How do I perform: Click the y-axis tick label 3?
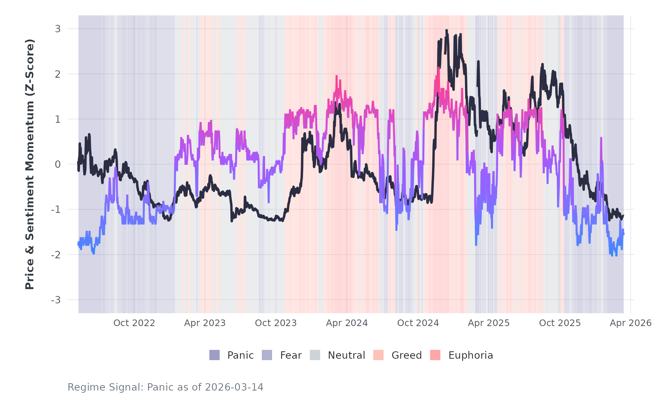[x=58, y=29]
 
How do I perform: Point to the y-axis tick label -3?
[x=56, y=300]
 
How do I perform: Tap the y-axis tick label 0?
[x=58, y=164]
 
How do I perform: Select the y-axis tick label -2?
[x=56, y=255]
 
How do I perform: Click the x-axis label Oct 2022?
[x=134, y=323]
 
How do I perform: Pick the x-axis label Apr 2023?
[x=205, y=323]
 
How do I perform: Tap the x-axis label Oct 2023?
[x=276, y=323]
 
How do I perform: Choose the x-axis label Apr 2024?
[x=347, y=323]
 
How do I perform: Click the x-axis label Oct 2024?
[x=418, y=323]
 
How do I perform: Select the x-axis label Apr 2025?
[x=489, y=323]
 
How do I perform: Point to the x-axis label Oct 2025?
[x=560, y=323]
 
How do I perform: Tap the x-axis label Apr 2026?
[x=631, y=323]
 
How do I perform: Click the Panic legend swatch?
[x=214, y=355]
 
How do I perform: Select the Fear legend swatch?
[x=267, y=355]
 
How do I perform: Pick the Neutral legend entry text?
[x=346, y=355]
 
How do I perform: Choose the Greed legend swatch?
[x=378, y=355]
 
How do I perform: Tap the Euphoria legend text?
[x=471, y=355]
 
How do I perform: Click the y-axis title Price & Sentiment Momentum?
[x=30, y=164]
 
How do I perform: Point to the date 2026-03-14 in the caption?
[x=234, y=387]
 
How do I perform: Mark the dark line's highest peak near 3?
[x=446, y=31]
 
